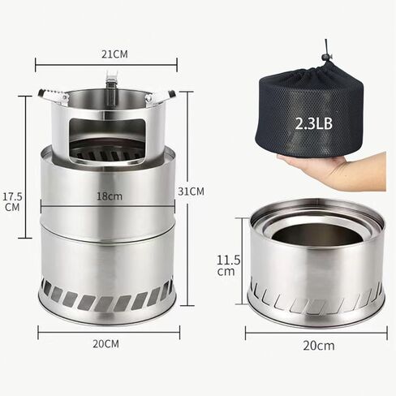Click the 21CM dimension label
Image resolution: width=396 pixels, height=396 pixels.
114,54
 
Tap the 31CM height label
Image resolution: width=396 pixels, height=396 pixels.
191,192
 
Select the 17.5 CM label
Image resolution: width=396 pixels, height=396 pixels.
12,202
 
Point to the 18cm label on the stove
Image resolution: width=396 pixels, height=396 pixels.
110,196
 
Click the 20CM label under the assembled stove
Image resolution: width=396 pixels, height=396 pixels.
105,344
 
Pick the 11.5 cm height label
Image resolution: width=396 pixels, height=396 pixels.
228,265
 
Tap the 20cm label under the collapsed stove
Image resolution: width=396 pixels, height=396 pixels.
319,346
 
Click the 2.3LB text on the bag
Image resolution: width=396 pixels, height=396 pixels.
313,123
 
